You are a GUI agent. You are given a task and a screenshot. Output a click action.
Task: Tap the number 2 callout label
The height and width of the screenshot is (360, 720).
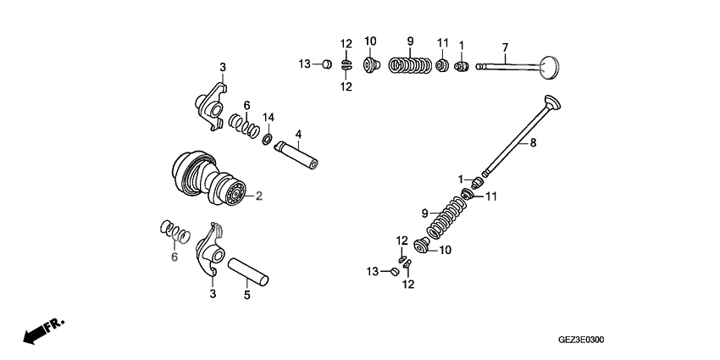coord(259,197)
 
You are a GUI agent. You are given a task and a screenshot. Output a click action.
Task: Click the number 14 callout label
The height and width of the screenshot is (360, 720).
coord(269,117)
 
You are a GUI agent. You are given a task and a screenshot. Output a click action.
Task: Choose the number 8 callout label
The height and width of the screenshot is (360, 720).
coord(533,144)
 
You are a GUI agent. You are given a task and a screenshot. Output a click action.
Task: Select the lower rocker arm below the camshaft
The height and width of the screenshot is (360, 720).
coord(209,252)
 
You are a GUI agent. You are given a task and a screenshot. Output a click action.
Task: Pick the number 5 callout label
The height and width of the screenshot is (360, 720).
coord(247,296)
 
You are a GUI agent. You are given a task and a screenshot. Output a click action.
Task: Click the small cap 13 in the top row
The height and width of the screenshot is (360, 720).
coord(325,64)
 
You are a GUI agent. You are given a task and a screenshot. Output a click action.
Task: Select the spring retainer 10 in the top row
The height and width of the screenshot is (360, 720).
coord(370,64)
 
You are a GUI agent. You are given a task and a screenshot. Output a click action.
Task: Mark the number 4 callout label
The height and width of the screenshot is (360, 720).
coord(298,134)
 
